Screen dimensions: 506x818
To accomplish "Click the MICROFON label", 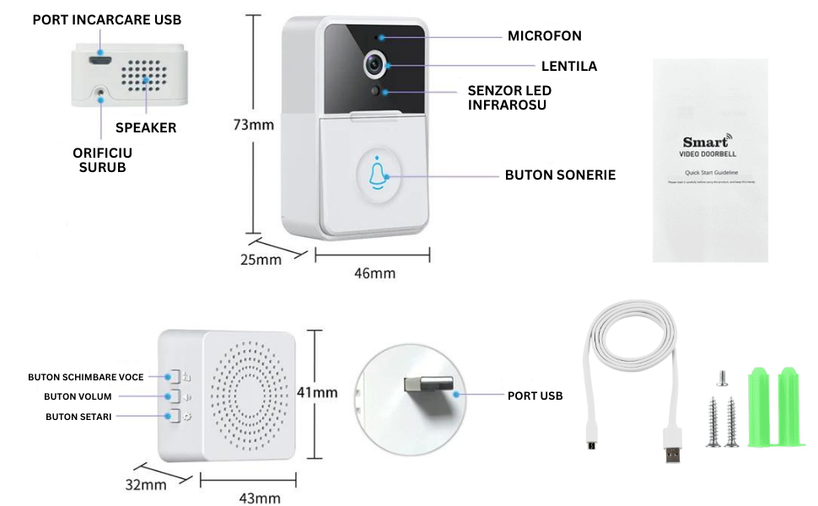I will (544, 36).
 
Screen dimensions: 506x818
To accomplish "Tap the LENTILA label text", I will (568, 66).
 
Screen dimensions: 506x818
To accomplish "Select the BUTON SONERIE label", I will (560, 175).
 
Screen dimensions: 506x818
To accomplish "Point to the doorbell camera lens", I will (374, 66).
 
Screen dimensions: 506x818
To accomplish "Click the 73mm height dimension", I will (254, 126).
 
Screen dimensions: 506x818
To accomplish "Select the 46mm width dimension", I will (374, 273).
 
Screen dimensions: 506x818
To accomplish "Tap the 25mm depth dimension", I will (261, 260).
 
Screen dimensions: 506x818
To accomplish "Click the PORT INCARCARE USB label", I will (107, 19).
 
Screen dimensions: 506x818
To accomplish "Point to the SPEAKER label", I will (146, 127).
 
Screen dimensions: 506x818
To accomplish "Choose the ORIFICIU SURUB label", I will (103, 159).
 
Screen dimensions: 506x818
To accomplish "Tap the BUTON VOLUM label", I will (78, 396).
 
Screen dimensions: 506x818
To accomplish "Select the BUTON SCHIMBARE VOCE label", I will (86, 377).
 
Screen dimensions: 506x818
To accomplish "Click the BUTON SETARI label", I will (78, 416).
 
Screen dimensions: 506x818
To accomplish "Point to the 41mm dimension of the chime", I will (317, 392).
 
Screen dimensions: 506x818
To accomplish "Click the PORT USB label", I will (535, 396).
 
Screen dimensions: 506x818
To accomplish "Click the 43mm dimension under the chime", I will (260, 498).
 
